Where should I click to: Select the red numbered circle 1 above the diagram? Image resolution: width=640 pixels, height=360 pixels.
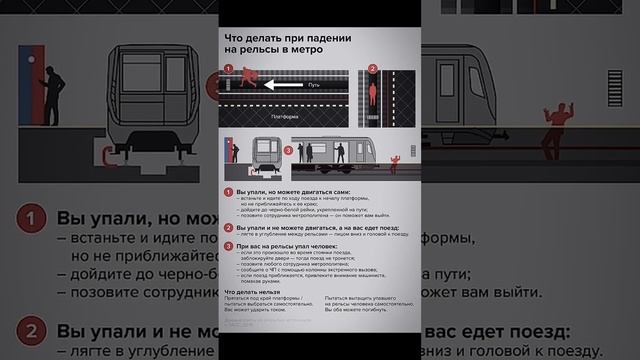pyautogui.click(x=228, y=68)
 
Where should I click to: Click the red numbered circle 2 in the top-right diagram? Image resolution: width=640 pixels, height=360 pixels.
pyautogui.click(x=372, y=69)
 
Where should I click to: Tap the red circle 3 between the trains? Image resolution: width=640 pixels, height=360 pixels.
pyautogui.click(x=288, y=151)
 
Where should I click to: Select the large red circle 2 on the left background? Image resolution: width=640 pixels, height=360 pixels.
pyautogui.click(x=33, y=330)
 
